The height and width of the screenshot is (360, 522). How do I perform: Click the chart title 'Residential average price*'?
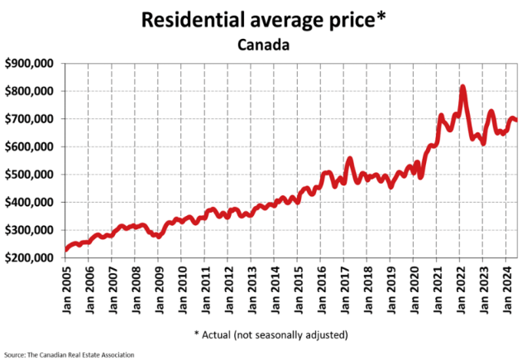[x=261, y=20]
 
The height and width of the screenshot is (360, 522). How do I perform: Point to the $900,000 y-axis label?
[x=30, y=63]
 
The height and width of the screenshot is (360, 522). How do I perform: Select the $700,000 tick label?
[x=30, y=119]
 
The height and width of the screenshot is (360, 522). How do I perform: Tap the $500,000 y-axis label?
[x=30, y=175]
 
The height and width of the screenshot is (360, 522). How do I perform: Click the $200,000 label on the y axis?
[x=30, y=258]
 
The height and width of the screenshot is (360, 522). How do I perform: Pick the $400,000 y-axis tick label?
[x=30, y=203]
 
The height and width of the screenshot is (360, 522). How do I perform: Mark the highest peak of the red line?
[x=462, y=87]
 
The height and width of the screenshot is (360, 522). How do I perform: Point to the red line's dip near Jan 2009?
[x=160, y=235]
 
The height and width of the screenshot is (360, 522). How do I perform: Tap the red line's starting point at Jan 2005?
[x=66, y=249]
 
